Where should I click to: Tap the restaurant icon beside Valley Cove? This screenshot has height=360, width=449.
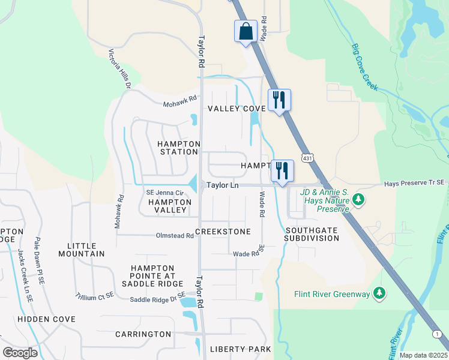tap(279, 100)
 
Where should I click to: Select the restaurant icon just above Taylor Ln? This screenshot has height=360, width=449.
tap(282, 170)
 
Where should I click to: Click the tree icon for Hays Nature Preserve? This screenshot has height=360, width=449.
tap(358, 198)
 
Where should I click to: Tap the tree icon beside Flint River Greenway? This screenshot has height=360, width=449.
tap(379, 293)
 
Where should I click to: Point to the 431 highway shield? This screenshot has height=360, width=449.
tap(307, 158)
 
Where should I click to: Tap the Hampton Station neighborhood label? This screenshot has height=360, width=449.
tap(178, 148)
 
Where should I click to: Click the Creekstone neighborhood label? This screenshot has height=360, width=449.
tap(222, 231)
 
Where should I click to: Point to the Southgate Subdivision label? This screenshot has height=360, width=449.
tap(312, 234)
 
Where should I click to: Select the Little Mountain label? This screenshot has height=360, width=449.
tap(82, 250)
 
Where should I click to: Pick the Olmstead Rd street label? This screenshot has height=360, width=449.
tap(175, 236)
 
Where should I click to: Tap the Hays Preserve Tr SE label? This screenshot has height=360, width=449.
tap(415, 182)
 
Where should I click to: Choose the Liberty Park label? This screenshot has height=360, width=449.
tap(240, 349)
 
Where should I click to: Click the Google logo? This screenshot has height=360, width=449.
tap(20, 353)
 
